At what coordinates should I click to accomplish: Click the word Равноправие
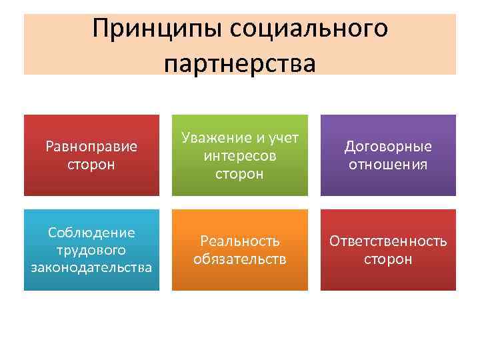[x=91, y=146]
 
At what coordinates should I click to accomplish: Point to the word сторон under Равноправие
[x=91, y=164]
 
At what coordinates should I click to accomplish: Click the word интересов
[x=240, y=156]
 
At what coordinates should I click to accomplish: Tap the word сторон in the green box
[x=240, y=173]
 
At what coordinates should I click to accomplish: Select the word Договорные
[x=388, y=146]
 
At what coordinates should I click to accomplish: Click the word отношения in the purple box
[x=388, y=164]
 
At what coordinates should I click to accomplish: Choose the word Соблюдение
[x=91, y=233]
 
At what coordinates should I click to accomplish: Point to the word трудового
[x=91, y=250]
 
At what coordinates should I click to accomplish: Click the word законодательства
[x=91, y=267]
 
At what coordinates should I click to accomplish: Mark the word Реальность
[x=240, y=241]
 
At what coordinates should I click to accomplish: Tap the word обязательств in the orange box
[x=240, y=259]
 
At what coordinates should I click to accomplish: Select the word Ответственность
[x=388, y=241]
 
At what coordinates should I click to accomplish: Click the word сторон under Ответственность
[x=388, y=259]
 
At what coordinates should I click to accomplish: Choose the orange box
[x=240, y=280]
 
